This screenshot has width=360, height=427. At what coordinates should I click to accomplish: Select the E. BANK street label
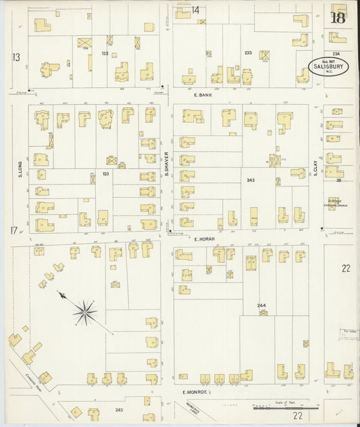click(203, 96)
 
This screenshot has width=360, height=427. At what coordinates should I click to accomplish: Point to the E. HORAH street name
click(203, 239)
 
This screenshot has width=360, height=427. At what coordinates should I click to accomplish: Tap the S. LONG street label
click(20, 167)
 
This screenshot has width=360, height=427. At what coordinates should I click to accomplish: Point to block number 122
click(105, 53)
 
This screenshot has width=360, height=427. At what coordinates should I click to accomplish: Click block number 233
click(248, 53)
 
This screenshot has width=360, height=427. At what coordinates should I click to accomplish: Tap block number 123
click(105, 174)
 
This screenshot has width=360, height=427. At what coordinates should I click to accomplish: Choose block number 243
click(251, 180)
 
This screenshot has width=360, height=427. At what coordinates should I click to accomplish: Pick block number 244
click(261, 306)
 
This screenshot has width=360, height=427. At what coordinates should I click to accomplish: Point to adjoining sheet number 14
click(196, 9)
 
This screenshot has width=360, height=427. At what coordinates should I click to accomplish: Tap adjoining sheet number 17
click(14, 232)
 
